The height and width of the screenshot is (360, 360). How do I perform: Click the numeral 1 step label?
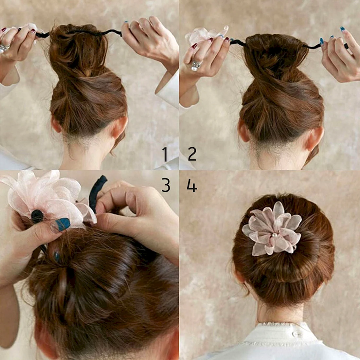[x=165, y=154]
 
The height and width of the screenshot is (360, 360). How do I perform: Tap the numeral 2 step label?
[x=192, y=154]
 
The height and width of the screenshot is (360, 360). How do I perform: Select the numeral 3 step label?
[x=166, y=185]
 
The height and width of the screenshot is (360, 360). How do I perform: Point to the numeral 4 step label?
[x=192, y=186]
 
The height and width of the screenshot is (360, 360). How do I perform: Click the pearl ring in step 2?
[x=196, y=65]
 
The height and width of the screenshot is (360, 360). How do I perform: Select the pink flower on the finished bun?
[x=272, y=229]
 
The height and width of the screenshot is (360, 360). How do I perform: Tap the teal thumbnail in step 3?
[x=63, y=224]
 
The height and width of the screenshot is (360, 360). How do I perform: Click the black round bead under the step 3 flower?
[x=37, y=216]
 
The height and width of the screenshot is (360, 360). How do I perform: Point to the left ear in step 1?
[x=56, y=124]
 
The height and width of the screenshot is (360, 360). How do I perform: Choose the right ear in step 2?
[x=315, y=138]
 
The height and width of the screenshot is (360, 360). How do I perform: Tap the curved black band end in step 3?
[x=97, y=193]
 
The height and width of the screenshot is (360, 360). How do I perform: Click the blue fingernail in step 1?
[x=126, y=22]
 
